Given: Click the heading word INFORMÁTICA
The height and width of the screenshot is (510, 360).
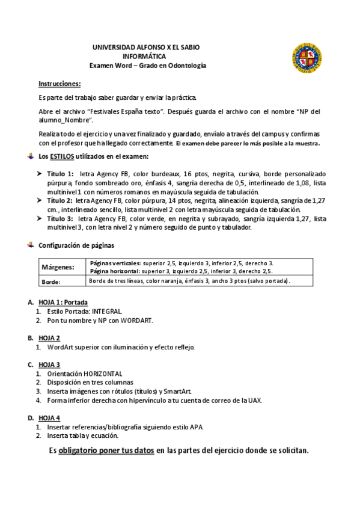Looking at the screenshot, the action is tap(145, 56).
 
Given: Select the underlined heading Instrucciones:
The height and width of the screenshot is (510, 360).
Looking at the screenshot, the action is tap(59, 84).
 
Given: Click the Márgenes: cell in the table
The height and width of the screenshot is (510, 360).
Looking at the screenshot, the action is tap(58, 267).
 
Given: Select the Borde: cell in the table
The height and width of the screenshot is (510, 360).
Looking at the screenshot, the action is tap(52, 281).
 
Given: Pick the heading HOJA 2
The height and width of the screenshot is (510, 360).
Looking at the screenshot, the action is tap(49, 337).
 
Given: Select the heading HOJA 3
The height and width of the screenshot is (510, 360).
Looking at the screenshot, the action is tap(49, 364).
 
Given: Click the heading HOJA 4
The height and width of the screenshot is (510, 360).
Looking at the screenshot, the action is tap(49, 417).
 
